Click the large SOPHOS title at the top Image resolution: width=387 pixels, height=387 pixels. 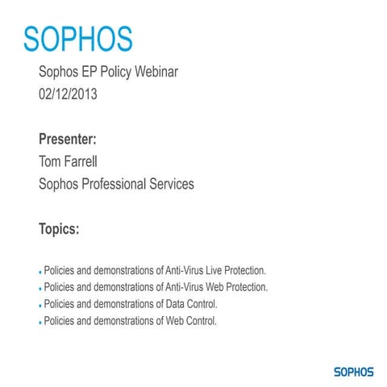[x=77, y=37]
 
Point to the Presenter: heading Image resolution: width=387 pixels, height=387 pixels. [x=73, y=138]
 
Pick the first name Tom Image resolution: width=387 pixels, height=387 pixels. [x=50, y=160]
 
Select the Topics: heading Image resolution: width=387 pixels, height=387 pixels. [x=59, y=229]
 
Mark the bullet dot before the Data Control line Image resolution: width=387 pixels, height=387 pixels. [x=40, y=306]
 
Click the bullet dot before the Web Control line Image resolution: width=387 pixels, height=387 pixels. [x=40, y=322]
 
